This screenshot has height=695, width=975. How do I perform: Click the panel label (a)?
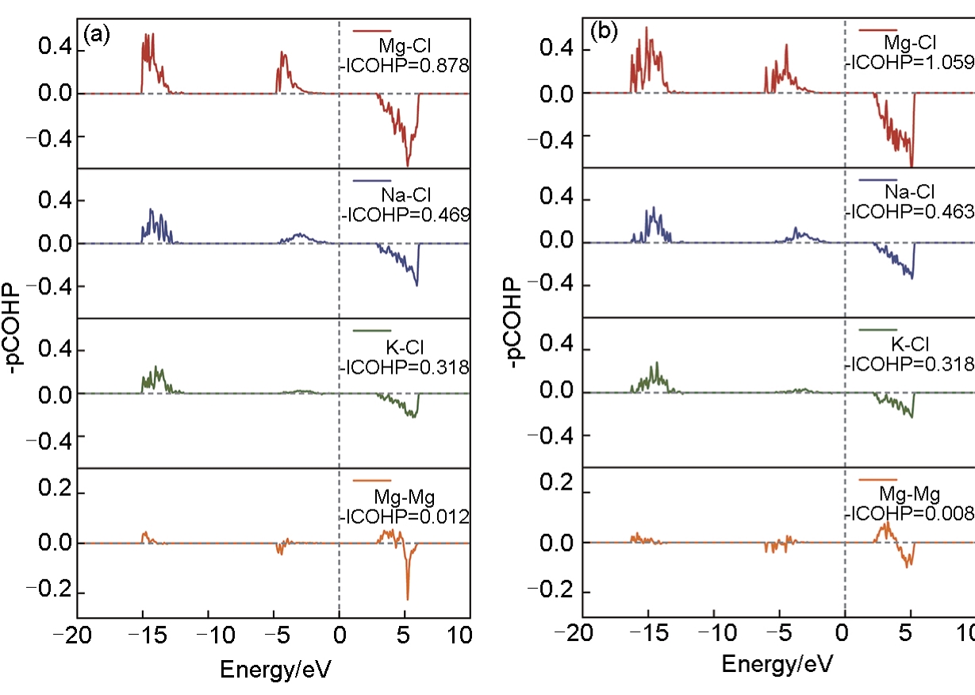(x=96, y=36)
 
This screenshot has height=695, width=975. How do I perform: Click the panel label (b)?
(x=602, y=33)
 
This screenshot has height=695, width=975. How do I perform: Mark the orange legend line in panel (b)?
(x=877, y=480)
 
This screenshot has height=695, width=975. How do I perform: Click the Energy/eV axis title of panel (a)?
(x=274, y=670)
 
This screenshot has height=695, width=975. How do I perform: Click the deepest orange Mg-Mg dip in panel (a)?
(x=408, y=599)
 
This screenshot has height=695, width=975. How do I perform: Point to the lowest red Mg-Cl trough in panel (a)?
(x=408, y=165)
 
